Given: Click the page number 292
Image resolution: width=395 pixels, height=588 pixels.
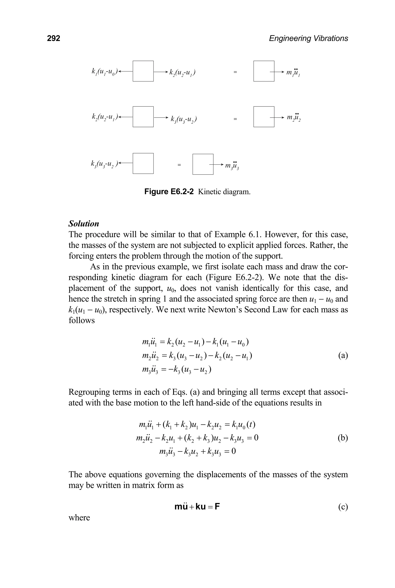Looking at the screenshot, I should pos(53,38).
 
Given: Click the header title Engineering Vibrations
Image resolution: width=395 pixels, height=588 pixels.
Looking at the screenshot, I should pos(308,38).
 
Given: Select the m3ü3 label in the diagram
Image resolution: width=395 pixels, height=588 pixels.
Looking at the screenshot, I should pos(232,166).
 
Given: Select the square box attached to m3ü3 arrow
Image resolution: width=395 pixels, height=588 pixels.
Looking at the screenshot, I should pos(203,164).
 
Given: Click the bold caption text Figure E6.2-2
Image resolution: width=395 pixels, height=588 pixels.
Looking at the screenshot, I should pos(169,192).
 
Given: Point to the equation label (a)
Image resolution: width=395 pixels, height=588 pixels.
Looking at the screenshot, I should pos(343,355).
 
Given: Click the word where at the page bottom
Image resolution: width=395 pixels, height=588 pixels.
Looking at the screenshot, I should pos(79,517).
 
